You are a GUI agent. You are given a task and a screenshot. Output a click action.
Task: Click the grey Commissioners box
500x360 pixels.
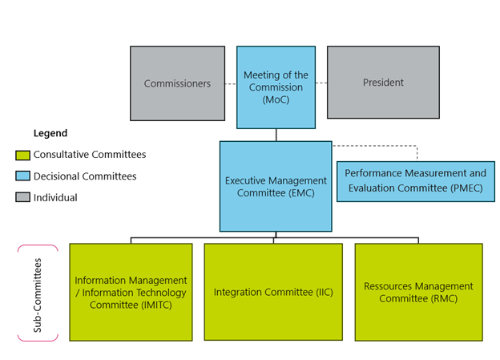[x=177, y=83]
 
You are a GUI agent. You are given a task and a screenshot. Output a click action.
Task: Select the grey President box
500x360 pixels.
[x=383, y=83]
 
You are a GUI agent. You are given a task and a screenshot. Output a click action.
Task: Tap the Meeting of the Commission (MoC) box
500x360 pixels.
[x=275, y=87]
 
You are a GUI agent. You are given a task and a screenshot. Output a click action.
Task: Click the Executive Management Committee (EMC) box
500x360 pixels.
[x=276, y=186]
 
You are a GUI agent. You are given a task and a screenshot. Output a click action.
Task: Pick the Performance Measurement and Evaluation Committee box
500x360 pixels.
[x=415, y=181]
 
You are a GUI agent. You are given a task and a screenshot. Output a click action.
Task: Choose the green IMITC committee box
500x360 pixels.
[x=131, y=292]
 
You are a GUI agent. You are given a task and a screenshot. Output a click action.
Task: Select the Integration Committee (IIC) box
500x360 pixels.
[x=274, y=292]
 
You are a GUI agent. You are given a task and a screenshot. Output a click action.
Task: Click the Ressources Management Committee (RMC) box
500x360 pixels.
[x=418, y=292]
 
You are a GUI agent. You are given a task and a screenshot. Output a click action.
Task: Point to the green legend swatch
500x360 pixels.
[x=22, y=155]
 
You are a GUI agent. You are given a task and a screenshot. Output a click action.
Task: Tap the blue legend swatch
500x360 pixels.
[x=22, y=176]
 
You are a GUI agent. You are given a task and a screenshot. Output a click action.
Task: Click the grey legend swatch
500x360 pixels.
[x=22, y=197]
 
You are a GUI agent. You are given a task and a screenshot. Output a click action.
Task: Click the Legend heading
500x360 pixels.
[x=50, y=133]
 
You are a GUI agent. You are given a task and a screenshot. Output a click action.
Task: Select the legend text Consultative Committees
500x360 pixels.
[x=90, y=155]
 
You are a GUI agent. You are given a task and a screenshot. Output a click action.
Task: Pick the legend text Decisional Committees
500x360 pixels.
[x=85, y=176]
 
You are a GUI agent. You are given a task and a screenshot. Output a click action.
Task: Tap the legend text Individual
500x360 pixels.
[x=56, y=197]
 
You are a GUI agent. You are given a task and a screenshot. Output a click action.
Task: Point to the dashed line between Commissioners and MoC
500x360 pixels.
[x=231, y=83]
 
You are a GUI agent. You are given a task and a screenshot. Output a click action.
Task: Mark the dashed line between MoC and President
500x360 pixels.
[x=321, y=83]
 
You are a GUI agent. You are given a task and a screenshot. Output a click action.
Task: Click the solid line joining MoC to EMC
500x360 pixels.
[x=276, y=135]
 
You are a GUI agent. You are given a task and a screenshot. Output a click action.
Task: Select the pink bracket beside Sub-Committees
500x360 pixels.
[x=22, y=293]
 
